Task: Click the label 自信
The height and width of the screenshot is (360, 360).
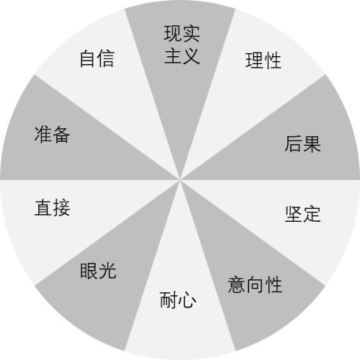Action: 97,58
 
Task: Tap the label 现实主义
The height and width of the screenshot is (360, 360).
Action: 182,45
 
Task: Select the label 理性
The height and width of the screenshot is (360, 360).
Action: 263,60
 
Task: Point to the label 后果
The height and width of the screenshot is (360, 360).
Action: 302,144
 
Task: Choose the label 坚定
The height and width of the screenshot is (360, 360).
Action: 302,213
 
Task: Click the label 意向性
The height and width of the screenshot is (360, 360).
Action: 255,284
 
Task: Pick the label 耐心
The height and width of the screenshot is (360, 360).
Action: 178,300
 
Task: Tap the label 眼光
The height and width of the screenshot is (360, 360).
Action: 98,271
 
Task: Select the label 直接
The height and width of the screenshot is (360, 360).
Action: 53,207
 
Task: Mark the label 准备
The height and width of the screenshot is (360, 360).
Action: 53,135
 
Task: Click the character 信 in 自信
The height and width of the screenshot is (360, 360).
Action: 106,58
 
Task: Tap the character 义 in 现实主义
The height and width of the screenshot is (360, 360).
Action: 192,56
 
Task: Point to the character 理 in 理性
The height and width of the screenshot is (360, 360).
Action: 254,60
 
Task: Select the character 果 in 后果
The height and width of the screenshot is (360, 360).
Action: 312,144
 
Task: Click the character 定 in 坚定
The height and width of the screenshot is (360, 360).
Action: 312,213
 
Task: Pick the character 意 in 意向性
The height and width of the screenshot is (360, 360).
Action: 237,284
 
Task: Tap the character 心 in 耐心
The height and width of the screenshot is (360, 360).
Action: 187,300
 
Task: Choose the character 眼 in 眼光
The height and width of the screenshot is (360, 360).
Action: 89,271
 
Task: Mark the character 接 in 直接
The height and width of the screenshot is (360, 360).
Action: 62,207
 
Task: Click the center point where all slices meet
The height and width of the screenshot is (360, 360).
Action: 180,180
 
